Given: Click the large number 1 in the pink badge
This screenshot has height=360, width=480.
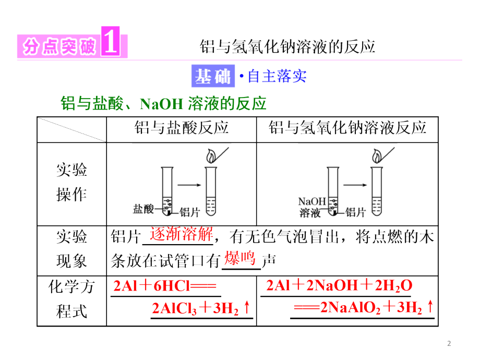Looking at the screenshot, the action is [110, 41].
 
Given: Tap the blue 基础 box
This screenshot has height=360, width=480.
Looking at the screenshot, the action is [213, 76].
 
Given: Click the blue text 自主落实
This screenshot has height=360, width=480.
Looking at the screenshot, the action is [277, 76].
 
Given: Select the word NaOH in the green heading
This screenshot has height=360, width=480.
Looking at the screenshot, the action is [161, 104].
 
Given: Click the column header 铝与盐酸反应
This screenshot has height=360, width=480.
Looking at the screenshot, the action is [182, 127].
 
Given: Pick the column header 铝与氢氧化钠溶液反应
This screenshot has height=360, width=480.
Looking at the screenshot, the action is [347, 127].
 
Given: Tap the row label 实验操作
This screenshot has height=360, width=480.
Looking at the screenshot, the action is [71, 183].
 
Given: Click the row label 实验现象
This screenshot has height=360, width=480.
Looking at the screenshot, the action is [71, 249].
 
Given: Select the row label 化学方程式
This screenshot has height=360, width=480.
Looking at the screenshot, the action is [71, 299].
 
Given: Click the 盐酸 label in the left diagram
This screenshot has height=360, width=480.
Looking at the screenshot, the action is [143, 209].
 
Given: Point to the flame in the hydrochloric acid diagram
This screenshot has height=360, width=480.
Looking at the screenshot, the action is [211, 156].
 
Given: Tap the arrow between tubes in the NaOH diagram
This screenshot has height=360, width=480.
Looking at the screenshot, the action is [355, 185].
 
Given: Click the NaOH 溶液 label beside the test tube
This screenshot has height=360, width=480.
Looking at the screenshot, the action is [312, 207].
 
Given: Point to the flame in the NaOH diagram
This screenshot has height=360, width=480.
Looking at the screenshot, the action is [377, 156].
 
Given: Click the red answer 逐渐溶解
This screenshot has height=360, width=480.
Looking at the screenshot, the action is [181, 234].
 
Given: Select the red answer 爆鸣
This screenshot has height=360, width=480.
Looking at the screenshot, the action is [240, 258].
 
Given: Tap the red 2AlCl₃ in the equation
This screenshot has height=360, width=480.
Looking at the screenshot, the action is [174, 308].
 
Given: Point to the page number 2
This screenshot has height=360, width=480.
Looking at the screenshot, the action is [449, 343].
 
